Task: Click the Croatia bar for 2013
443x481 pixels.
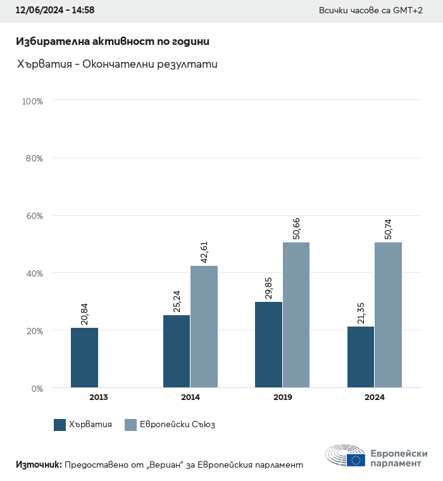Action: pyautogui.click(x=84, y=358)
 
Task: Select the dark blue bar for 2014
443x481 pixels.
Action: pyautogui.click(x=177, y=351)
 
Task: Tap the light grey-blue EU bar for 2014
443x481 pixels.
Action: pyautogui.click(x=204, y=327)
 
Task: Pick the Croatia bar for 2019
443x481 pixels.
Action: pyautogui.click(x=268, y=345)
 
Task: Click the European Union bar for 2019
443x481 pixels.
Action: pyautogui.click(x=296, y=315)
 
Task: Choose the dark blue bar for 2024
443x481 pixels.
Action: pyautogui.click(x=361, y=357)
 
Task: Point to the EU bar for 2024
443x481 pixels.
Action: pyautogui.click(x=388, y=315)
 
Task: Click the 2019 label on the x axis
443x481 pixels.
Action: pyautogui.click(x=282, y=397)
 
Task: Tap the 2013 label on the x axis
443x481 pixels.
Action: pyautogui.click(x=98, y=397)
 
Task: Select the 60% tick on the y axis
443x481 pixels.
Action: pyautogui.click(x=34, y=216)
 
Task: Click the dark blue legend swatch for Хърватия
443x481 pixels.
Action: pyautogui.click(x=60, y=425)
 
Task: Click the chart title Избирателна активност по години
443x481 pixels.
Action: pyautogui.click(x=112, y=42)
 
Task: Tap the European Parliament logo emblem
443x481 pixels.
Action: pyautogui.click(x=346, y=456)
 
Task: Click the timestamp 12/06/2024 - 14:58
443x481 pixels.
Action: pyautogui.click(x=55, y=11)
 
